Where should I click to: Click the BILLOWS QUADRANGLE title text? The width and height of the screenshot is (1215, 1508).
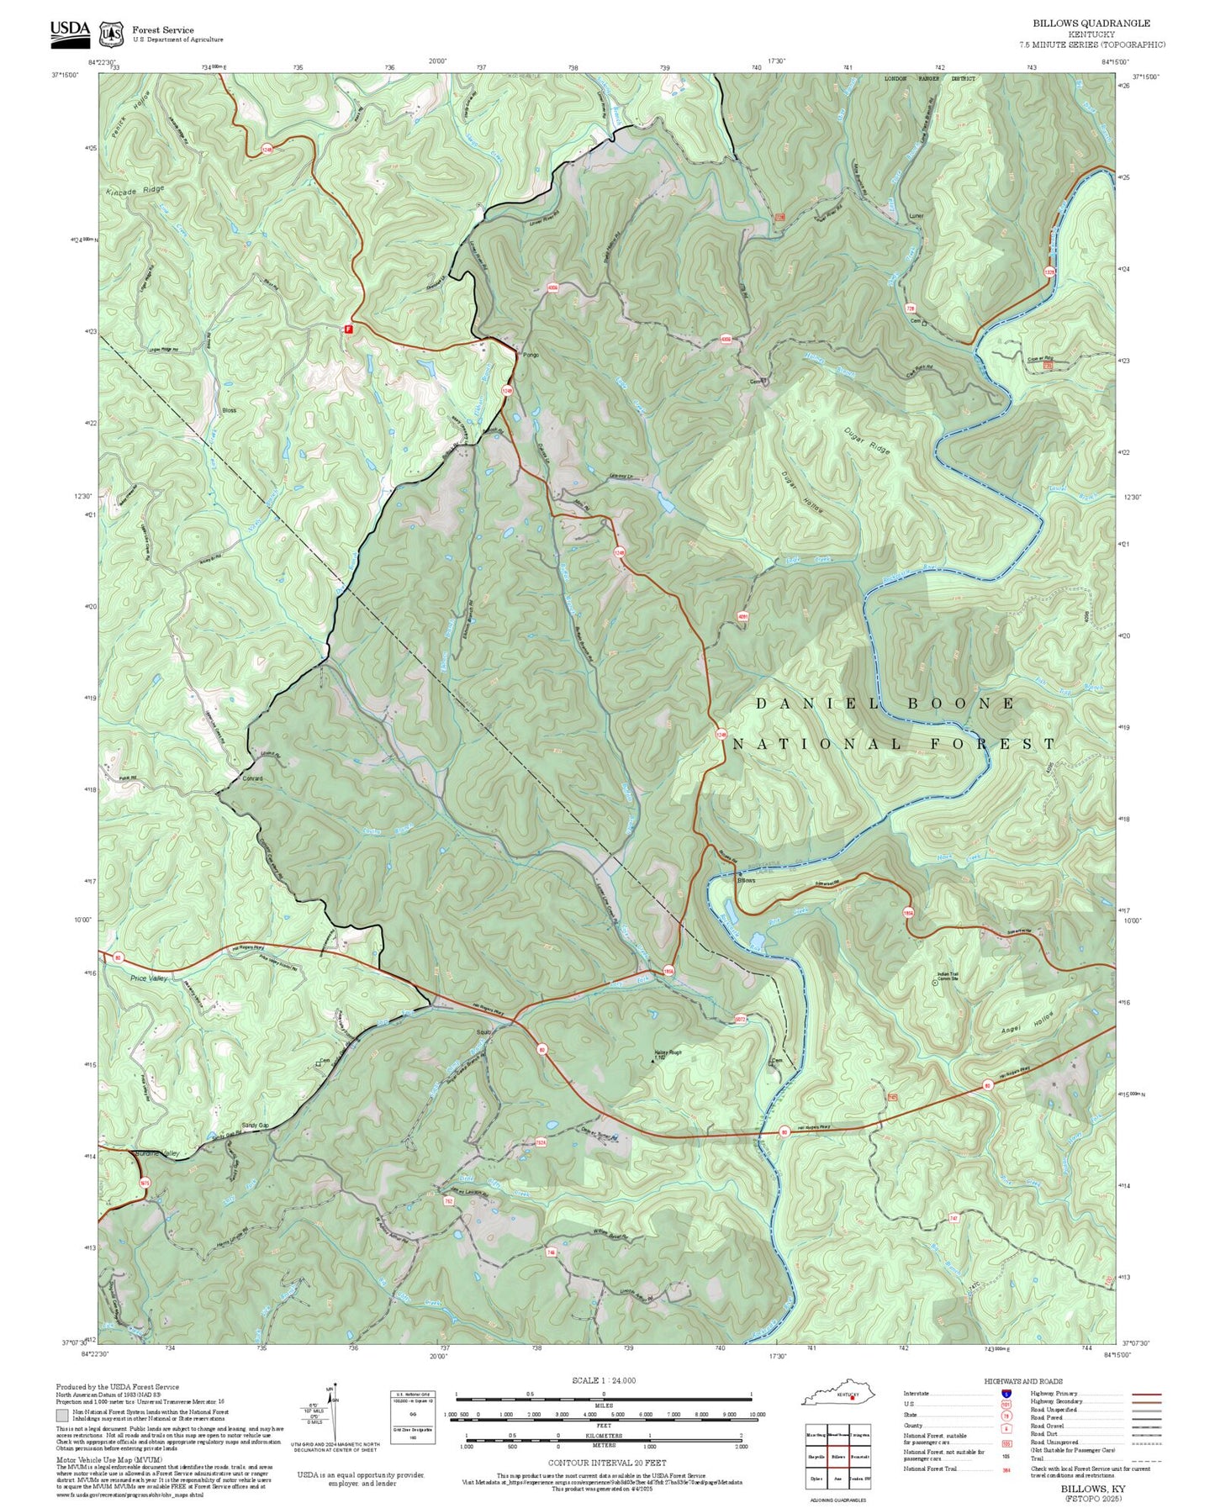click(1091, 24)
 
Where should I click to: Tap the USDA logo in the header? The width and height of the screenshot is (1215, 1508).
click(70, 31)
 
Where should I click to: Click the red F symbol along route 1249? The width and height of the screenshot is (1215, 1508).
click(346, 330)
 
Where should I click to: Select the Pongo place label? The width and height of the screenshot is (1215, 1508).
click(531, 355)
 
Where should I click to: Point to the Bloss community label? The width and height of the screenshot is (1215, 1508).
click(229, 410)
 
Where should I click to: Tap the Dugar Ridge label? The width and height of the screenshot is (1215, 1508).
click(867, 440)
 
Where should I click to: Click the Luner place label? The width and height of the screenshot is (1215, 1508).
click(916, 216)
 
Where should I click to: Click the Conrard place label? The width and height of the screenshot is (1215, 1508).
click(252, 778)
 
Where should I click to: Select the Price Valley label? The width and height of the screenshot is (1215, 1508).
click(149, 978)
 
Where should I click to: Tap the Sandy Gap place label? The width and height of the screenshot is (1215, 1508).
click(255, 1125)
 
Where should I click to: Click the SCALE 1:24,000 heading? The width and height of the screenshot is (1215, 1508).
click(604, 1381)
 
